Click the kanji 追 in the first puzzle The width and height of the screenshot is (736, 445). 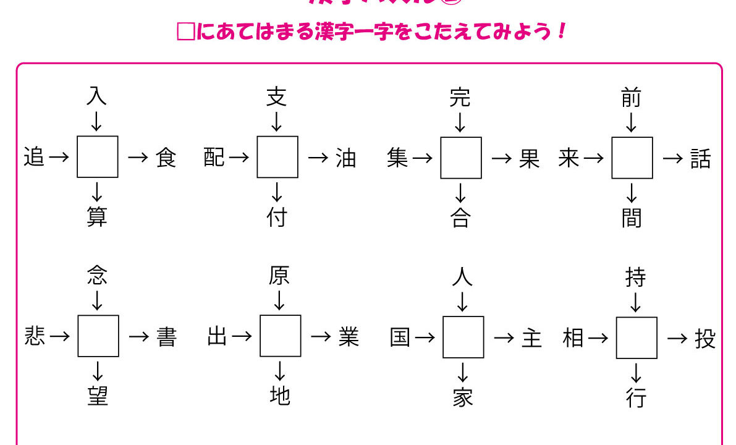(x=35, y=158)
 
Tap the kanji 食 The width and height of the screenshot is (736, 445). (x=166, y=158)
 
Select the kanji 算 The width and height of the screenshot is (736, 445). (x=97, y=217)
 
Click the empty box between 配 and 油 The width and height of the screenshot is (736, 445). (x=277, y=157)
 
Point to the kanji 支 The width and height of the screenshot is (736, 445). (x=276, y=98)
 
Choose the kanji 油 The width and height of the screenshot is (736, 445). (x=346, y=158)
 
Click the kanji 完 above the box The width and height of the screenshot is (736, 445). (x=460, y=98)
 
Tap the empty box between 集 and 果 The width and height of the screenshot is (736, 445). (x=461, y=158)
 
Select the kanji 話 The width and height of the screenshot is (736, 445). (x=701, y=159)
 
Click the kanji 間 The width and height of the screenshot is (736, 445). (x=632, y=218)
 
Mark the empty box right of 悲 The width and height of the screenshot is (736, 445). (x=98, y=336)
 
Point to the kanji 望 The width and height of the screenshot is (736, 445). (x=98, y=396)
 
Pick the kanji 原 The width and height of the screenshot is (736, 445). (x=279, y=276)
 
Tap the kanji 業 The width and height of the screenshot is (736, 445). (x=349, y=337)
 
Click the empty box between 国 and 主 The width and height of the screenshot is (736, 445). (x=463, y=337)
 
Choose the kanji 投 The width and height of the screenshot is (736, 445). (x=705, y=339)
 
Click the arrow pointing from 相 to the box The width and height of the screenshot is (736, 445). (x=598, y=338)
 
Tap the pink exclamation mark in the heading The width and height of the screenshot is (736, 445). (x=561, y=32)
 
